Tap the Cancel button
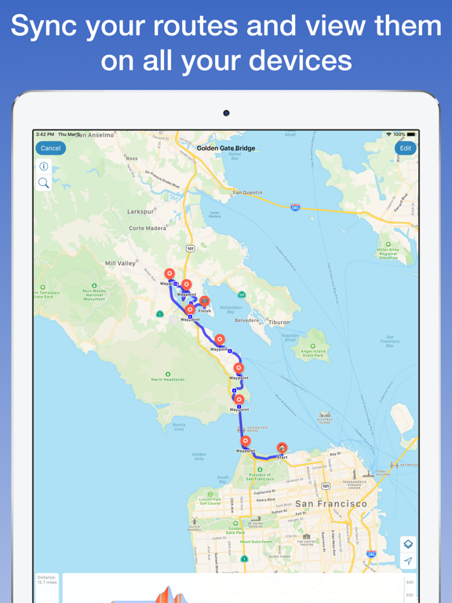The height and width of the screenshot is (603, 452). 50,148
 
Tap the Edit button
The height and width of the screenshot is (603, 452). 405,148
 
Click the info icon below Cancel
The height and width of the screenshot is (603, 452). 44,166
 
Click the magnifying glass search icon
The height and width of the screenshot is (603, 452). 44,184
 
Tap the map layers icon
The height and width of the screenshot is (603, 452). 408,544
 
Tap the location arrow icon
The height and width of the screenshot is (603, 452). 408,561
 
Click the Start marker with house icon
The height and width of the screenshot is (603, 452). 282,449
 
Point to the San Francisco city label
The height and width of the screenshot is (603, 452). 330,503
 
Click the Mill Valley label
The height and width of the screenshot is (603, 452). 120,264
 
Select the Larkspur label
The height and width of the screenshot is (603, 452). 140,211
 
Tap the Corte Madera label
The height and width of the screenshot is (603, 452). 148,228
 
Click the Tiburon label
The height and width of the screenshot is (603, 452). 279,322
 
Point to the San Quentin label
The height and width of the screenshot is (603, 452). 247,192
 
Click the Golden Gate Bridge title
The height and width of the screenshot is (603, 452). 226,148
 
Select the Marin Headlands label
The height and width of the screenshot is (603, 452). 168,379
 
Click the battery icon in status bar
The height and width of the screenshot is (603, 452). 410,135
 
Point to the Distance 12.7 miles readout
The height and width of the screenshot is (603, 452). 47,580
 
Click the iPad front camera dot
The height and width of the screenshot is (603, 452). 226,113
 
